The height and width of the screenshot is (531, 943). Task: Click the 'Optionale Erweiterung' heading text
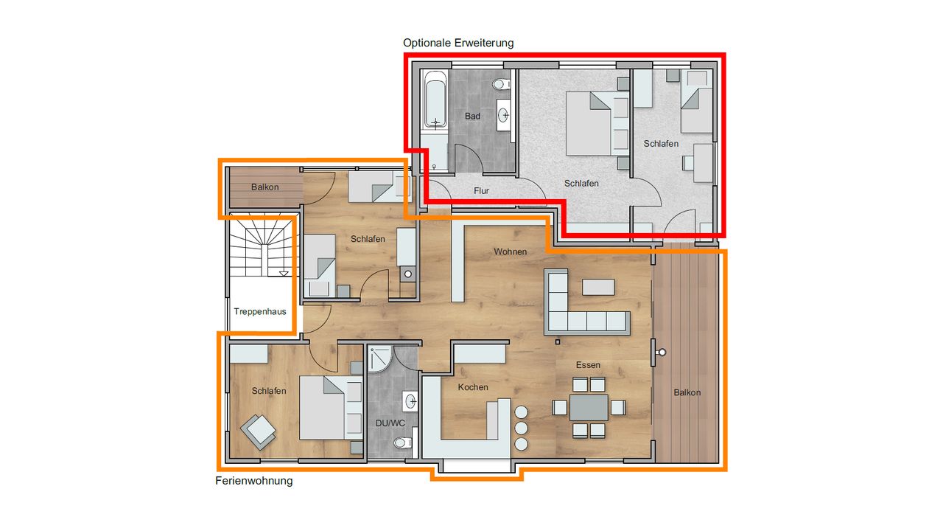coord(458,43)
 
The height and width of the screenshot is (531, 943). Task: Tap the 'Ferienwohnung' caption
coord(253,481)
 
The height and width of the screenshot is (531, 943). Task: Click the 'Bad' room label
coord(472,117)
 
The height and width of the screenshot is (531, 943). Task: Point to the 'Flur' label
coord(481,191)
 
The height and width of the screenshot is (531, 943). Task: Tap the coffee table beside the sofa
coord(597,287)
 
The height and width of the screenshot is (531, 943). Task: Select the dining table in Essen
coord(589,407)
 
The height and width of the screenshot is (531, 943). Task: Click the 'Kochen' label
coord(473,387)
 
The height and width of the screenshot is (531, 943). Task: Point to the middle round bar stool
coord(522,428)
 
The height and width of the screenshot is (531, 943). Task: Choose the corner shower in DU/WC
coord(380,359)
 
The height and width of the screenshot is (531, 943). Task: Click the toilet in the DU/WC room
coord(402,443)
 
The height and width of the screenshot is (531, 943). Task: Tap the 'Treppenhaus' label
coord(260,311)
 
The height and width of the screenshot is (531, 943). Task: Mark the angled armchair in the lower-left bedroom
coord(258,432)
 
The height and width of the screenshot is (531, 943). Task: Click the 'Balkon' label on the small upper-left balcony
coord(264,187)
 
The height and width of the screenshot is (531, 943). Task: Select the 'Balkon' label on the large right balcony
coord(687,392)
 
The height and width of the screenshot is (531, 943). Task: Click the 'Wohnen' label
coord(510,252)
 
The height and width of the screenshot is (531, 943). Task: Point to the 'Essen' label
coord(588,365)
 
